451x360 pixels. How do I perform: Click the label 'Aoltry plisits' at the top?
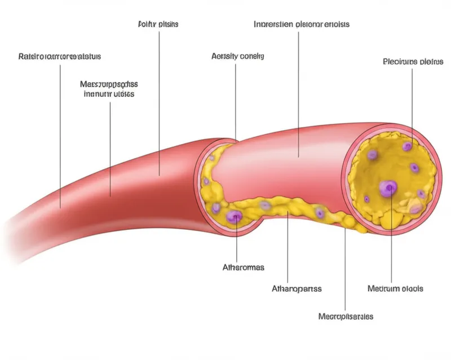point(158,25)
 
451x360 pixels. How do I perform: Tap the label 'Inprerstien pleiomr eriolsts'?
point(302,25)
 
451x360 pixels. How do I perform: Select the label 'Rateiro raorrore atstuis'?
point(60,57)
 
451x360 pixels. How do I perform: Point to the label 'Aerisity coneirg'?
point(237,56)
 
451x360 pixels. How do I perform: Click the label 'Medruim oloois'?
point(395,288)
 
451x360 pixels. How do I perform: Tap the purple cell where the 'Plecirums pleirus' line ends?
point(408,146)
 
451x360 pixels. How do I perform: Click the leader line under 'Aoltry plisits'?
point(159,101)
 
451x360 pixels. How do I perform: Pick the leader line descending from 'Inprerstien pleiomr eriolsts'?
point(299,96)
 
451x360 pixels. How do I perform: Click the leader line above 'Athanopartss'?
point(288,248)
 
